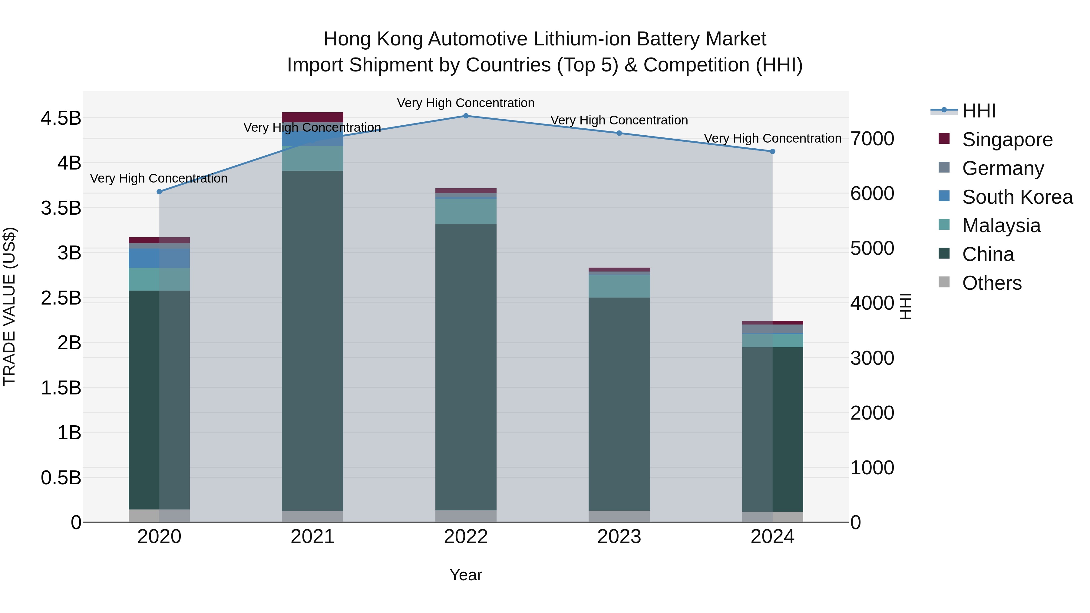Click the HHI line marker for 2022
point(466,116)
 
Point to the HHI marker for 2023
point(619,133)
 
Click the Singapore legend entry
point(1007,140)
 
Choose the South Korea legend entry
point(1017,197)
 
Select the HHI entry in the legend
point(979,111)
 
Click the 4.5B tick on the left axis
point(61,118)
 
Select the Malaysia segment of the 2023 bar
point(619,286)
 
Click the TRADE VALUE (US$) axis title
point(9,306)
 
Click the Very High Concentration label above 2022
point(466,103)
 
